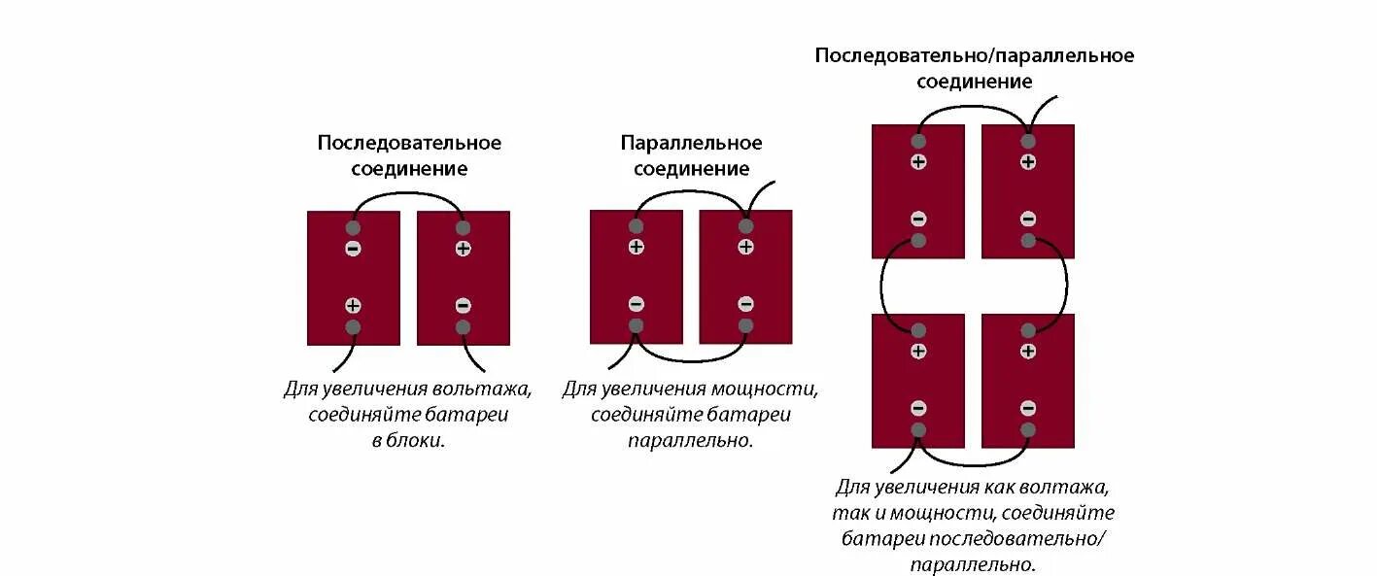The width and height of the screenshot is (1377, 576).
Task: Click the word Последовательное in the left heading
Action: pyautogui.click(x=409, y=144)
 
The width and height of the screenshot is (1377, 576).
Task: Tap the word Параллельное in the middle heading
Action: pyautogui.click(x=691, y=144)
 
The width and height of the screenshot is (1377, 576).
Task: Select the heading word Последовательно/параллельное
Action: pyautogui.click(x=974, y=55)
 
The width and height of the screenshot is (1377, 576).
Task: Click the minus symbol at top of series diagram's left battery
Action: pyautogui.click(x=353, y=249)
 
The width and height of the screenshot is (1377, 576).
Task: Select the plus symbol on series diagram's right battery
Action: pyautogui.click(x=463, y=249)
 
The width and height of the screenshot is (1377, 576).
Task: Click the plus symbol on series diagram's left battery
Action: pyautogui.click(x=353, y=305)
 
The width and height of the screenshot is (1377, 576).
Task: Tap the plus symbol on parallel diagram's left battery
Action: pyautogui.click(x=636, y=247)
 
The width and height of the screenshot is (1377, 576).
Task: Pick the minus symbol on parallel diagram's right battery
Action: pyautogui.click(x=745, y=304)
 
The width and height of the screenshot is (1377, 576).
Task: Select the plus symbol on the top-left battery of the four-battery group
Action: pyautogui.click(x=918, y=161)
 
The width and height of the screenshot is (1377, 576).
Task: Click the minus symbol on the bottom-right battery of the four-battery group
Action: pyautogui.click(x=1028, y=408)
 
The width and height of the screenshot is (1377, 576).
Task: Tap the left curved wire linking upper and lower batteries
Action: pyautogui.click(x=882, y=287)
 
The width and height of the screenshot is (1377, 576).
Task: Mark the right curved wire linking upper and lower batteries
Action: pyautogui.click(x=1065, y=287)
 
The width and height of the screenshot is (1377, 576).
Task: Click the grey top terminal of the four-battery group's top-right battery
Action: pyautogui.click(x=1028, y=141)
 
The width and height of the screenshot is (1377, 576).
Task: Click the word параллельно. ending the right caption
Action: pyautogui.click(x=973, y=563)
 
